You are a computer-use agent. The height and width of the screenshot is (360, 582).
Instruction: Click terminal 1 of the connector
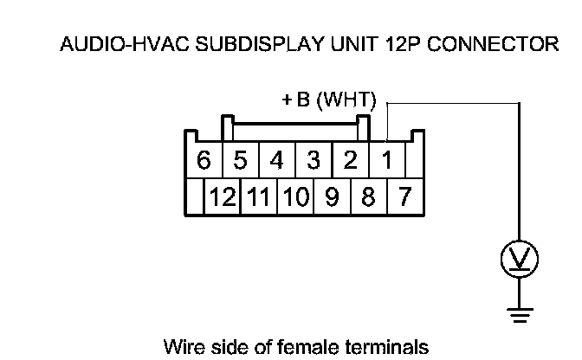coord(387,161)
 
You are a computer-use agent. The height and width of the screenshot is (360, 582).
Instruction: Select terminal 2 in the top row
coord(351,161)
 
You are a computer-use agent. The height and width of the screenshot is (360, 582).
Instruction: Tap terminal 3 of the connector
coord(314,161)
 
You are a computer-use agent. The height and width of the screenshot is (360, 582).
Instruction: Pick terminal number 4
coord(277,161)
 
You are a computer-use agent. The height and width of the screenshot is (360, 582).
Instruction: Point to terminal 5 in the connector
coord(241,161)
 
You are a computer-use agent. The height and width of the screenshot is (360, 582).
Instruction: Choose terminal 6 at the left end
coord(204,161)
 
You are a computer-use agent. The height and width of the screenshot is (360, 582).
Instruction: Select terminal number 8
coord(368,197)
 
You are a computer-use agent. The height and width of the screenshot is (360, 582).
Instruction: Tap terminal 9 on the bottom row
coord(332,197)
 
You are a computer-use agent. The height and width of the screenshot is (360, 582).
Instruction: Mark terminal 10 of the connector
coord(295,197)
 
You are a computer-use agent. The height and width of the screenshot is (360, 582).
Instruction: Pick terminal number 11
coord(258,197)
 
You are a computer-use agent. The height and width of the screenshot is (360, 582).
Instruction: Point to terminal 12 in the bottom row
coord(223,197)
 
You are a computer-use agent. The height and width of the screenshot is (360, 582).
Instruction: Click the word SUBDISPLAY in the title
coord(258,45)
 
